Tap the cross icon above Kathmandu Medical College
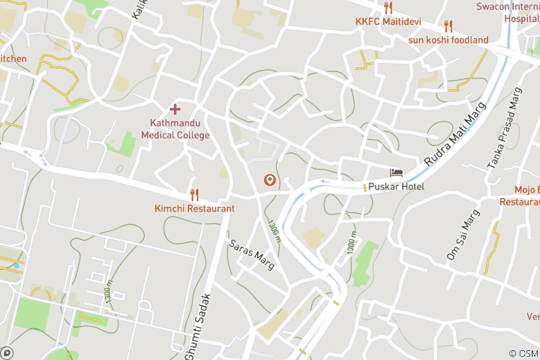175,109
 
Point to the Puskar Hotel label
397,187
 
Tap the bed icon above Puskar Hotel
395,173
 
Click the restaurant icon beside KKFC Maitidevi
388,8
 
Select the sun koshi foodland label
448,40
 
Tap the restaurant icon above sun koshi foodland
448,26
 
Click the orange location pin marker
269,180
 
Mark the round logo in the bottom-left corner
7,352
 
